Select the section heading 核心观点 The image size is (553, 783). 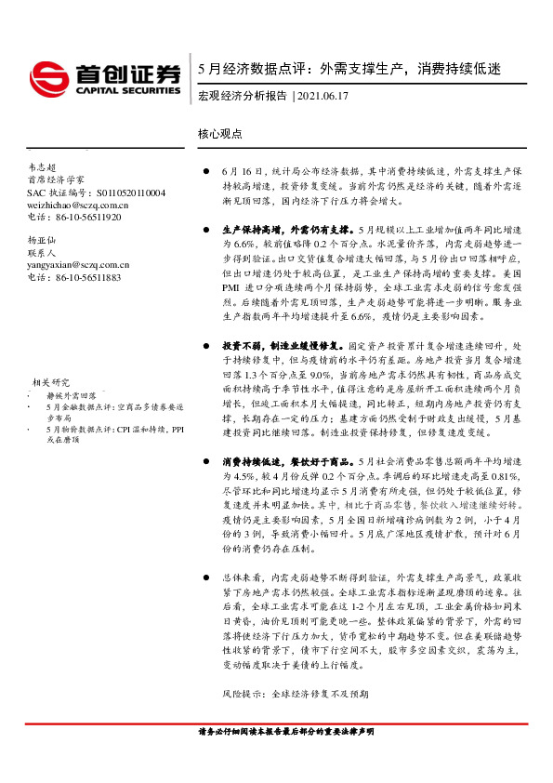coord(220,134)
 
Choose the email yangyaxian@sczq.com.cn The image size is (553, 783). coord(78,264)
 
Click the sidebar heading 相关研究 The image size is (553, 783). coord(51,356)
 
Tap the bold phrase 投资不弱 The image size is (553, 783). coord(240,345)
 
